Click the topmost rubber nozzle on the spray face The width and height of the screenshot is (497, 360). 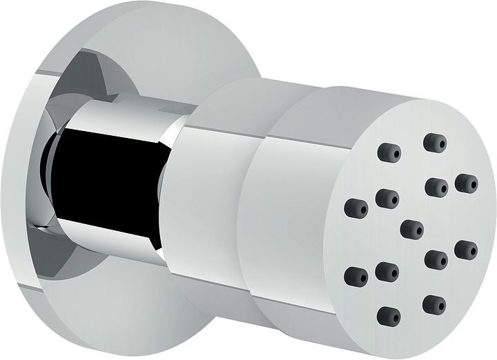pos(435,143)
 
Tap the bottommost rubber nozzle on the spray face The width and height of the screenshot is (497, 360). pos(389,317)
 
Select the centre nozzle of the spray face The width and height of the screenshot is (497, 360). pos(412,229)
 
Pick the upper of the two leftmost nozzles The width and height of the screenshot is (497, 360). pos(356,206)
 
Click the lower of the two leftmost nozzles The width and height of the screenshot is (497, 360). pos(356,276)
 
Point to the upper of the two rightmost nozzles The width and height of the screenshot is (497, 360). pos(467,183)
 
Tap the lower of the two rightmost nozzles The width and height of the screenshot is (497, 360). pos(466,250)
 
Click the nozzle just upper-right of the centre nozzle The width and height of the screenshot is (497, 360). pos(436,187)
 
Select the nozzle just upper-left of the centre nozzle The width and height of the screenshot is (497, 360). pos(387,199)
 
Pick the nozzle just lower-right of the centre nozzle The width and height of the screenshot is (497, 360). pos(436,259)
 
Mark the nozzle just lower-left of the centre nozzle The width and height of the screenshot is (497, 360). pos(387,272)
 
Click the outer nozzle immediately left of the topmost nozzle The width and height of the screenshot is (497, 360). pos(389,152)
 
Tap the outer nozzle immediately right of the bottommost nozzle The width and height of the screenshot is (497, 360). pos(434,304)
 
